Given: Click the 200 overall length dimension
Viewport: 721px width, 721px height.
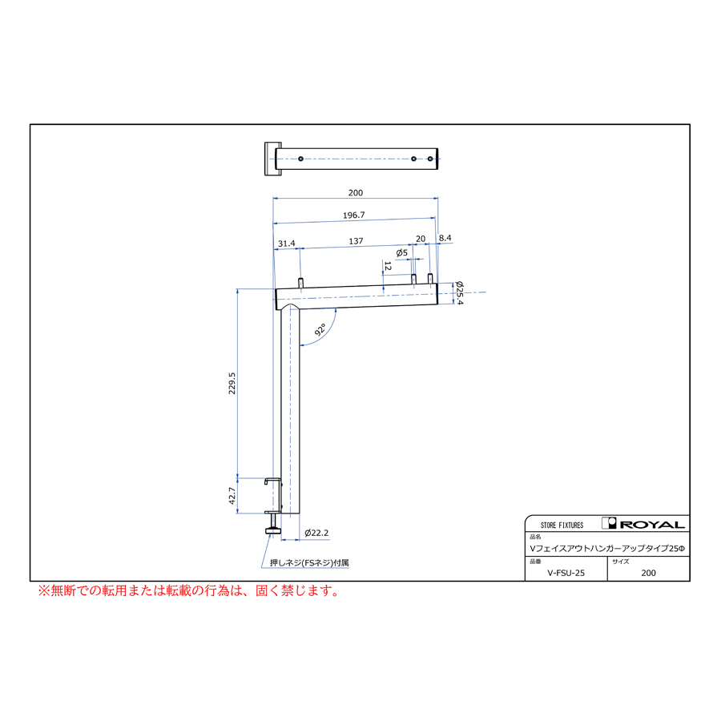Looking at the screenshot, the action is tap(356, 192).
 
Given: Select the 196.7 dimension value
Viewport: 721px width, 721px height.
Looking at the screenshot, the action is tap(353, 215).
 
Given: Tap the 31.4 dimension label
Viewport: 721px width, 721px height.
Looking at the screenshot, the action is tap(287, 244).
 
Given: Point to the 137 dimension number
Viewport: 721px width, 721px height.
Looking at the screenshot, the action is tap(356, 241).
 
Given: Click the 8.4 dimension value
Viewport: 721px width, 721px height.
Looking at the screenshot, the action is tap(445, 238).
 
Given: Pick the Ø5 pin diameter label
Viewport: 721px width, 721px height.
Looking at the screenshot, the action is tap(402, 252).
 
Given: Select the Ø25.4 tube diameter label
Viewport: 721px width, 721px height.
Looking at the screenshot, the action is tap(459, 293).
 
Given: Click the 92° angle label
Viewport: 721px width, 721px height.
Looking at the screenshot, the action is tap(320, 330).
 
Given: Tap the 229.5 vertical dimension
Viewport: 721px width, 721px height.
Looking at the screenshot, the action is tap(232, 383).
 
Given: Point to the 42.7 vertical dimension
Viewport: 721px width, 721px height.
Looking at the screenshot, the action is tap(232, 496).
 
